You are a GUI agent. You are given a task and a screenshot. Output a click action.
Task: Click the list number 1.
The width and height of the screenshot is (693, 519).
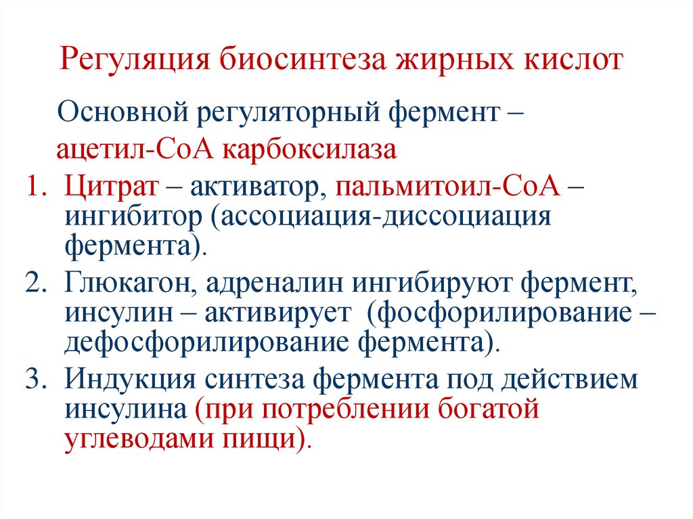[37, 186]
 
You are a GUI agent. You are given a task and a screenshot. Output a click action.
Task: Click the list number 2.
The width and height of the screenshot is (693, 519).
[37, 284]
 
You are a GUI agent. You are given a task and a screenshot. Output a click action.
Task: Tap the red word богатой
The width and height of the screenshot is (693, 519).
[478, 410]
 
